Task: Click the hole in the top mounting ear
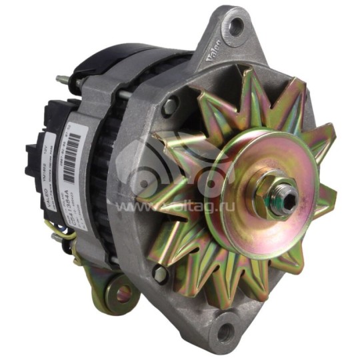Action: [236, 27]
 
